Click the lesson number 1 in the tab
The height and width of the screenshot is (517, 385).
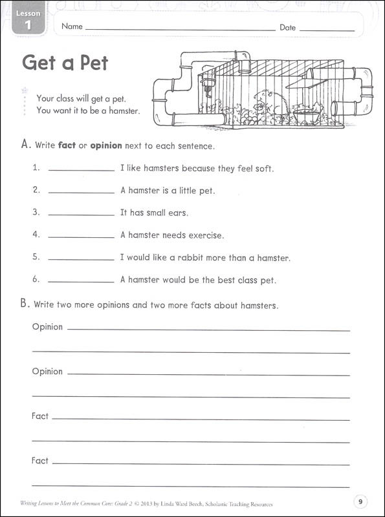28,26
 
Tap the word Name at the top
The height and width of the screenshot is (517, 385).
72,27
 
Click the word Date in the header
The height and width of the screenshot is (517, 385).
287,27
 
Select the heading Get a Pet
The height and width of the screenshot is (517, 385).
65,63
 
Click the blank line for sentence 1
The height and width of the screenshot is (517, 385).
82,169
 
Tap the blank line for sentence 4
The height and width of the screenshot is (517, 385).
82,237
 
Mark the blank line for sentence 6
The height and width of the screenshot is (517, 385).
82,281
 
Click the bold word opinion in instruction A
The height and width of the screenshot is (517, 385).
105,145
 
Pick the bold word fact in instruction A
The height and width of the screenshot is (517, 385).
67,145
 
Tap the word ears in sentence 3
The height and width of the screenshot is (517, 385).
177,213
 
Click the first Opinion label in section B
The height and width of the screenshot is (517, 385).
47,327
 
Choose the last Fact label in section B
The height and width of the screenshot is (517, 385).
40,461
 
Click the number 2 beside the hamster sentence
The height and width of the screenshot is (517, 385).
36,190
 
